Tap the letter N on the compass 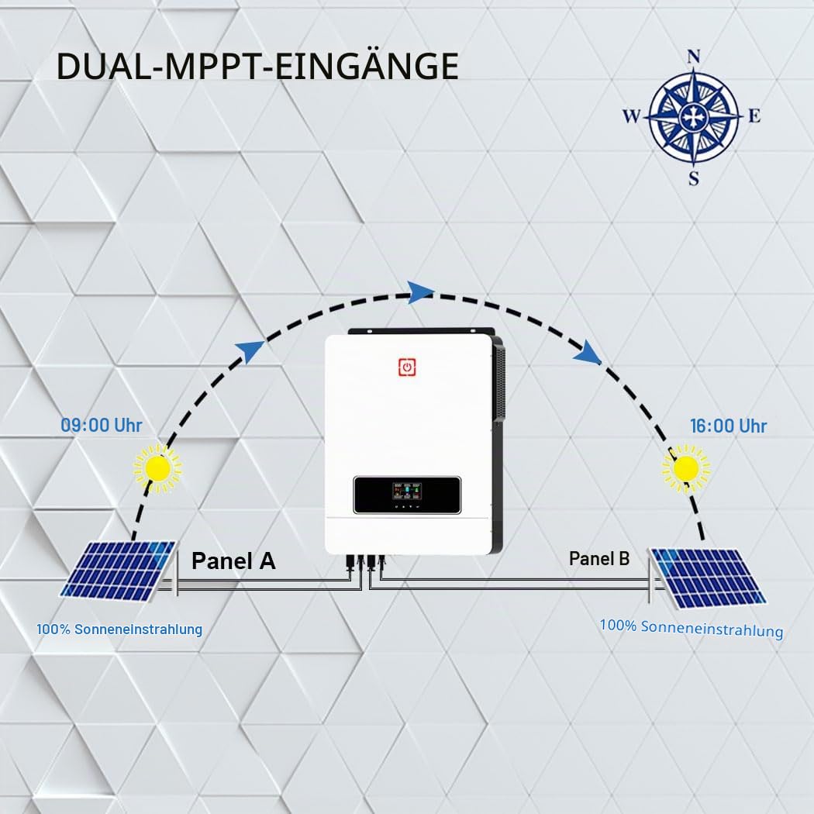click(694, 57)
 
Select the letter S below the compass click(694, 178)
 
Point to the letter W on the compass click(632, 116)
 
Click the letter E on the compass click(754, 116)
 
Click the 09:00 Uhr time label click(102, 425)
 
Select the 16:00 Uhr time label click(728, 426)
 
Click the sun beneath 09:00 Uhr click(158, 469)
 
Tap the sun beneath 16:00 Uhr click(686, 468)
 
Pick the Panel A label click(233, 560)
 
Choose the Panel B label click(599, 559)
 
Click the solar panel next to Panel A click(119, 571)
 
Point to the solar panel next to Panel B click(708, 578)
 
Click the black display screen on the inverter click(407, 495)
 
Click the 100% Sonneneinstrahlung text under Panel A click(119, 629)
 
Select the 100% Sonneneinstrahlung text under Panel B click(692, 628)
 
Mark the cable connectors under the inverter click(366, 563)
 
